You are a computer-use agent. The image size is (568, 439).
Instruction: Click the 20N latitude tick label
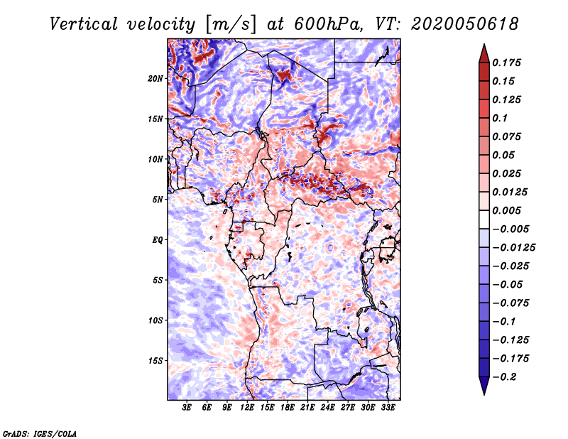[x=155, y=79]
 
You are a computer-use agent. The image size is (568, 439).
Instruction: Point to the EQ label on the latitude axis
[x=158, y=239]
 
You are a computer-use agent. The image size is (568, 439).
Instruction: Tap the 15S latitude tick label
[x=155, y=361]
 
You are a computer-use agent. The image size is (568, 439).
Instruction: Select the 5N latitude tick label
[x=158, y=200]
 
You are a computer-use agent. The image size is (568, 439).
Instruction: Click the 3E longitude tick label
[x=187, y=407]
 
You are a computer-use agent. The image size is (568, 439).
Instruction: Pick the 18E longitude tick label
[x=288, y=407]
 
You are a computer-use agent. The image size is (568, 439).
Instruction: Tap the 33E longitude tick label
[x=388, y=407]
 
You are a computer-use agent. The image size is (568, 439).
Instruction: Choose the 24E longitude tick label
[x=327, y=407]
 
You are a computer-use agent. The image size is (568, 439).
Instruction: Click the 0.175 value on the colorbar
[x=506, y=63]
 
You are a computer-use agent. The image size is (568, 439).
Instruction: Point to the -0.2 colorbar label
[x=504, y=377]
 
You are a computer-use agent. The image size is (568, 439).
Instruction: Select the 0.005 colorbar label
[x=506, y=210]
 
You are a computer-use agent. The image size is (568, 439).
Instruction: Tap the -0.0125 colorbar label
[x=513, y=248]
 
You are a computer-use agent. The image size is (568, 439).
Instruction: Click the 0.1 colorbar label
[x=500, y=118]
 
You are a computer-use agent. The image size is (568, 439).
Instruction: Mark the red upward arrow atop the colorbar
[x=484, y=53]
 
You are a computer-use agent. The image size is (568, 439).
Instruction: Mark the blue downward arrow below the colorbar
[x=484, y=386]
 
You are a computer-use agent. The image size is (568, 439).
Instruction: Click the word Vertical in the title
[x=84, y=24]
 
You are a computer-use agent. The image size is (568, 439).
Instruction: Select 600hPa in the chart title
[x=328, y=24]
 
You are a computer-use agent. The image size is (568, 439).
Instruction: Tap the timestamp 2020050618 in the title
[x=465, y=24]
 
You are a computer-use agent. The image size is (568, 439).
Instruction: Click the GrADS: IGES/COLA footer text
[x=40, y=433]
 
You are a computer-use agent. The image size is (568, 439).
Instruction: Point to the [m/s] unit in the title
[x=231, y=25]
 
